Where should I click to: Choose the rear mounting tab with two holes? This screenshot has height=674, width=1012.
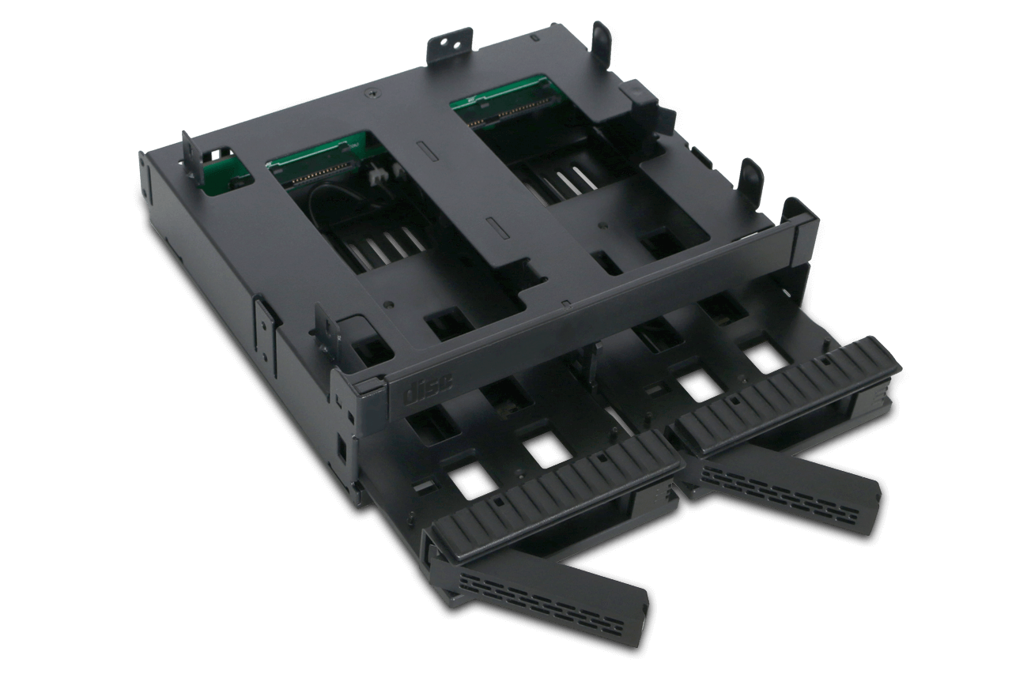452,44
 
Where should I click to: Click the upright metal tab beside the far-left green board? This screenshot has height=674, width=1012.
190,155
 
